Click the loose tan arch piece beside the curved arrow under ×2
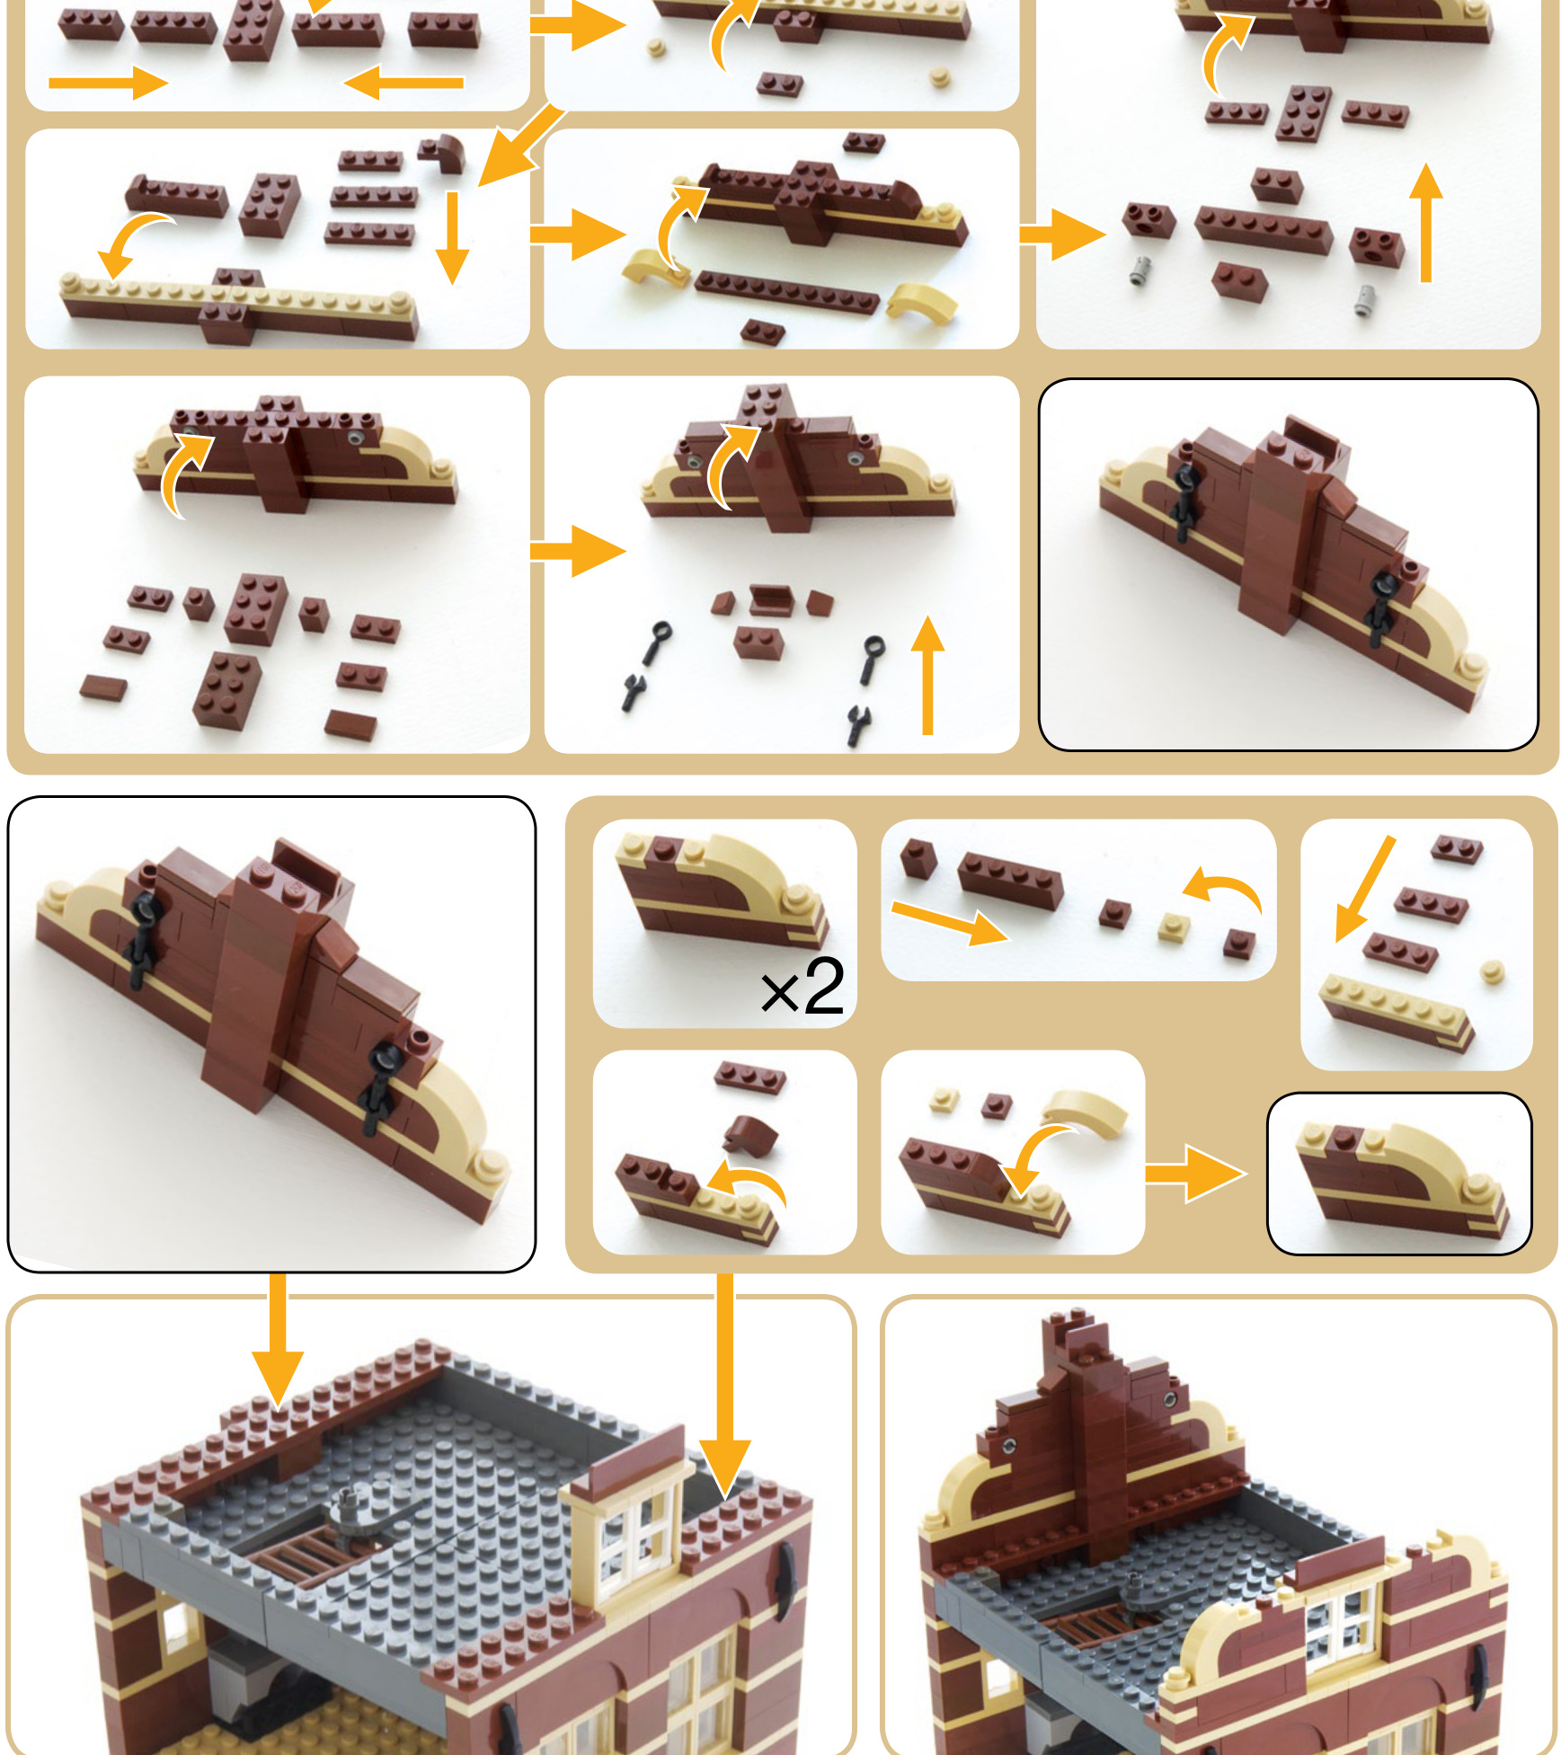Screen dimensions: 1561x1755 tap(1086, 1112)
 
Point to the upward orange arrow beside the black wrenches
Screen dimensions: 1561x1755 tap(927, 674)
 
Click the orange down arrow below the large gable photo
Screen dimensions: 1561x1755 tap(278, 1339)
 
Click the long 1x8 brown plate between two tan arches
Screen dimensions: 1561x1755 tap(785, 291)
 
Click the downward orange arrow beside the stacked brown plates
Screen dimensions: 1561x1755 tap(452, 237)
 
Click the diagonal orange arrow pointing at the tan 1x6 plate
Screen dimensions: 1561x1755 tap(1365, 889)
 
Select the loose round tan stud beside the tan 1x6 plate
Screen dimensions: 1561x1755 tap(1492, 971)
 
